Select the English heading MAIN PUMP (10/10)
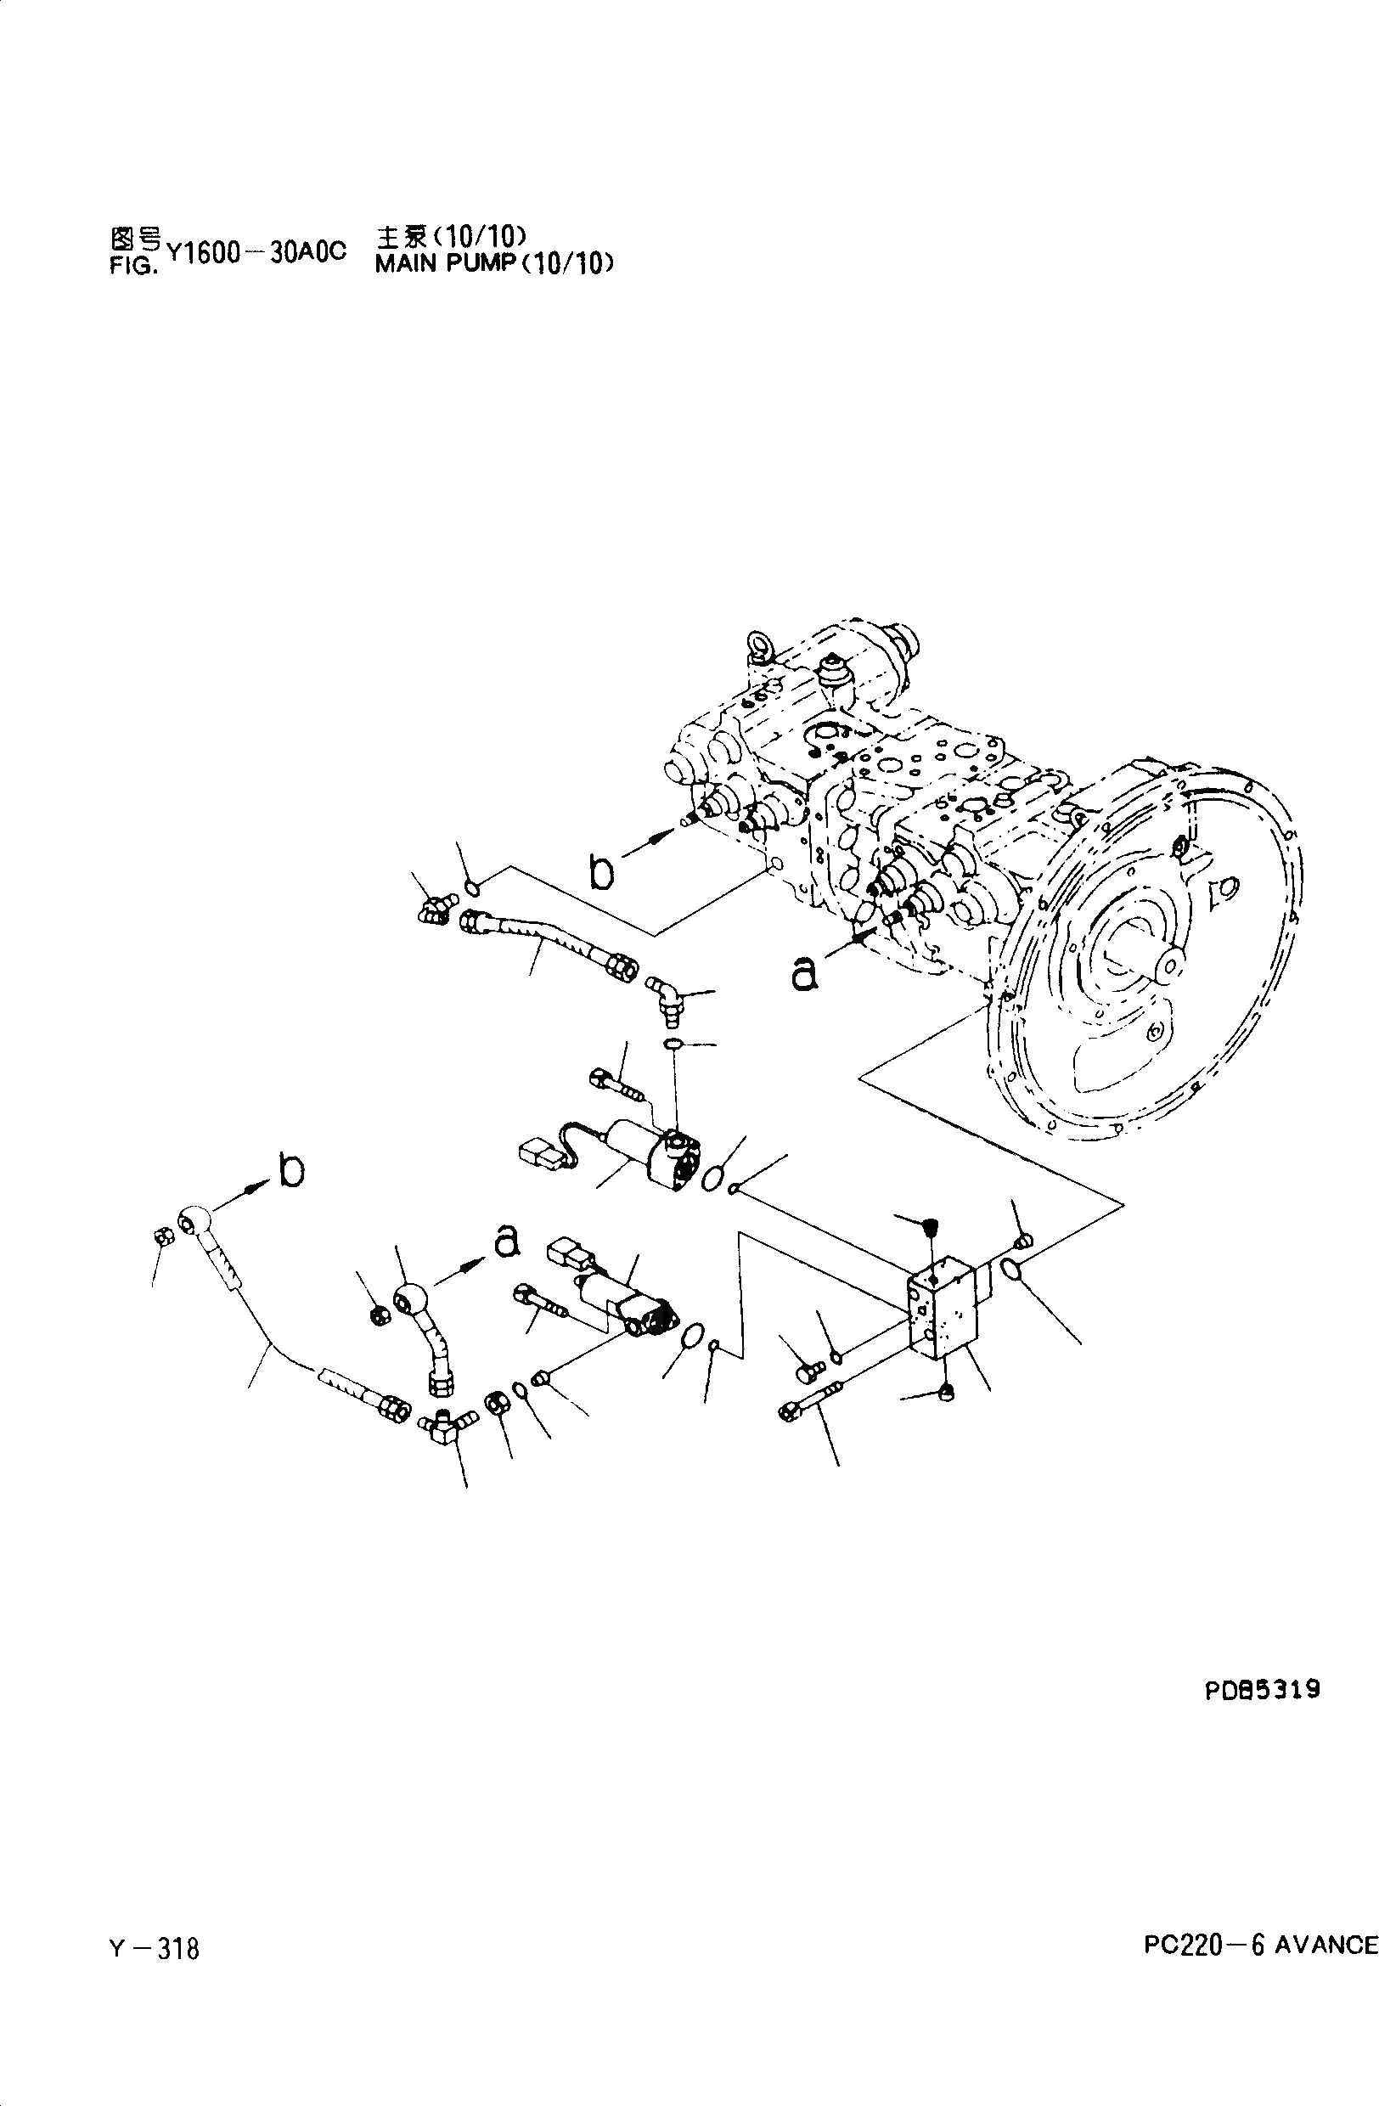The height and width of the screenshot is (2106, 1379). (492, 264)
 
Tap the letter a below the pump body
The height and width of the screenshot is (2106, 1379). (803, 973)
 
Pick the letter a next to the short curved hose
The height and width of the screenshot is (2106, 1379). (505, 1240)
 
